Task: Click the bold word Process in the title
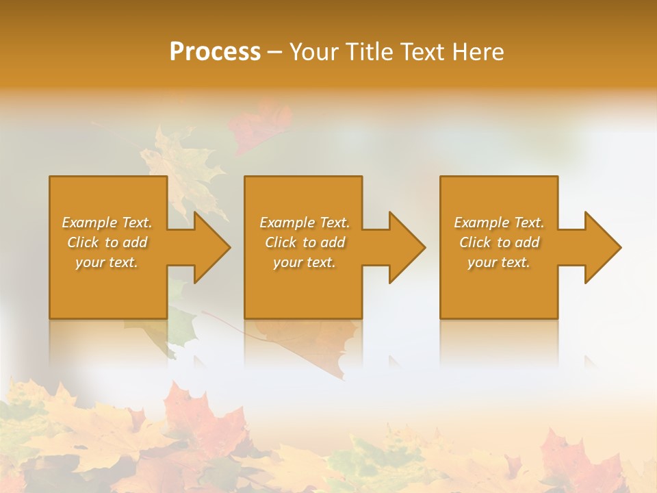215,51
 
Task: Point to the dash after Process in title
274,52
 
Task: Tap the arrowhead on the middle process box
407,247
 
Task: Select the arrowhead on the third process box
602,247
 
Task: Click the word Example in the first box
89,223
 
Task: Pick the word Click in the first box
83,242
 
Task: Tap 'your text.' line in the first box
107,262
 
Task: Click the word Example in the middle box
286,223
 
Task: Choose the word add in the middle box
333,242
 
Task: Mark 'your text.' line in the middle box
304,262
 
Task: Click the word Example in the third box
481,223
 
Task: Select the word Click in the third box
475,242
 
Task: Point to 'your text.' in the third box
499,262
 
